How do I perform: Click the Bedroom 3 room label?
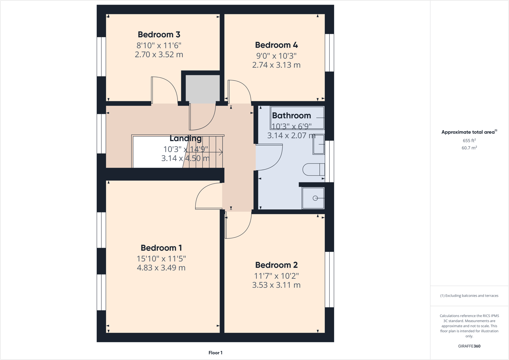[159, 35]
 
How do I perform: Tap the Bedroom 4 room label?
[276, 45]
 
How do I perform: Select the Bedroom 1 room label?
[161, 248]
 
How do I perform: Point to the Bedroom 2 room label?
[276, 265]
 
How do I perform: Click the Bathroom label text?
[291, 116]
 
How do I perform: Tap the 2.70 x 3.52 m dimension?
[159, 55]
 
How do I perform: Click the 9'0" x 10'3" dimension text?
[276, 56]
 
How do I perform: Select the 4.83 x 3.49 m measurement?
[161, 268]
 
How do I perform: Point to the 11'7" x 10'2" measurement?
[276, 276]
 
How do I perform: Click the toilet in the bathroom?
[313, 170]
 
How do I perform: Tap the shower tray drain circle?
[315, 198]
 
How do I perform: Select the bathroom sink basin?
[319, 145]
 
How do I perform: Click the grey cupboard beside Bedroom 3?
[203, 88]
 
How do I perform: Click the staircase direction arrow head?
[221, 152]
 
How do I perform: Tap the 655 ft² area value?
[469, 141]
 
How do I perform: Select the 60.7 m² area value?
[469, 148]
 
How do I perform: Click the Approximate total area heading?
[469, 132]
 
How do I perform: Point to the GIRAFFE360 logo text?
[469, 346]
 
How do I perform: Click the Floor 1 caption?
[215, 353]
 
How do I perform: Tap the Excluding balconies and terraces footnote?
[469, 296]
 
